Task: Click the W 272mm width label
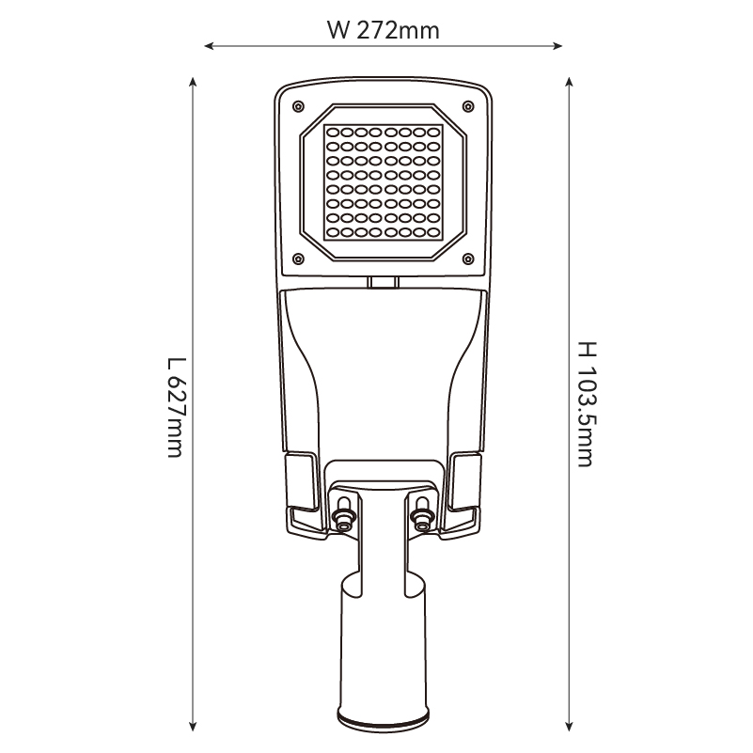point(384,30)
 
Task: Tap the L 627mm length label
point(176,408)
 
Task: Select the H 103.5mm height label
point(587,404)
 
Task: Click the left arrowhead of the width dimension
point(209,46)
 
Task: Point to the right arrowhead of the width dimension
point(557,46)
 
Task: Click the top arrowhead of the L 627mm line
point(193,81)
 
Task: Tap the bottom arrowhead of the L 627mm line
point(193,727)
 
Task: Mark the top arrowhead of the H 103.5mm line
point(569,81)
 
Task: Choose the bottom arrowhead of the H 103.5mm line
point(569,727)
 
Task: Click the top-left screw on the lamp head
point(298,106)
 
